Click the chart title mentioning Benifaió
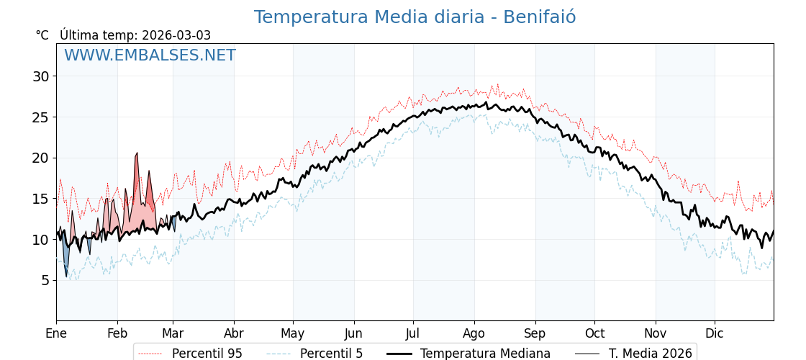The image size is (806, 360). [x=415, y=17]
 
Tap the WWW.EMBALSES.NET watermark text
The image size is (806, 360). [x=150, y=55]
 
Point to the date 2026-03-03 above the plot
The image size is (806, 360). [x=176, y=35]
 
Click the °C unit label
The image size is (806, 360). [x=42, y=35]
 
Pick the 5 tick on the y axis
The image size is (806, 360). [x=45, y=280]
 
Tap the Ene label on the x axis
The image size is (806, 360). [x=56, y=333]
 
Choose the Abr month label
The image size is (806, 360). [x=234, y=333]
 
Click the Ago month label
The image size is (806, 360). [x=474, y=333]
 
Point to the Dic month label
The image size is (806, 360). [x=715, y=333]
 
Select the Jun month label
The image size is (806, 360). [x=353, y=333]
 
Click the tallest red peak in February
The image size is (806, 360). [x=136, y=154]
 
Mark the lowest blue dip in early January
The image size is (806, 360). [x=66, y=275]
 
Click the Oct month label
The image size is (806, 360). [x=594, y=333]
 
